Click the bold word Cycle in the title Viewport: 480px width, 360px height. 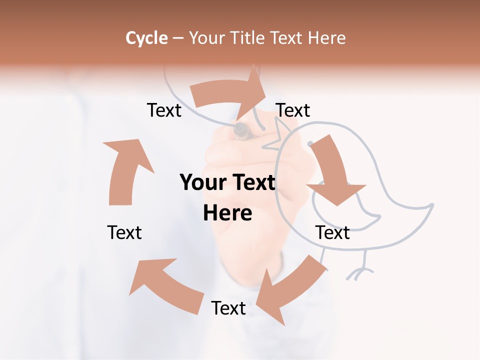146,38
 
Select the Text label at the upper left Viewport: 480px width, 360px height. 164,110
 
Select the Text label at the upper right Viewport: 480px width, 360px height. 293,110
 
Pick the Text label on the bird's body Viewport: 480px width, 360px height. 332,232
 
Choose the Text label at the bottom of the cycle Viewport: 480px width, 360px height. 228,308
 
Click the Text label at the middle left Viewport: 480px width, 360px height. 124,232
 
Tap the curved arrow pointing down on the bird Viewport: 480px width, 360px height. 332,175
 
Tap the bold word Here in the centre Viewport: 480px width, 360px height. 227,213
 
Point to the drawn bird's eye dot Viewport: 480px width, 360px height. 310,143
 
